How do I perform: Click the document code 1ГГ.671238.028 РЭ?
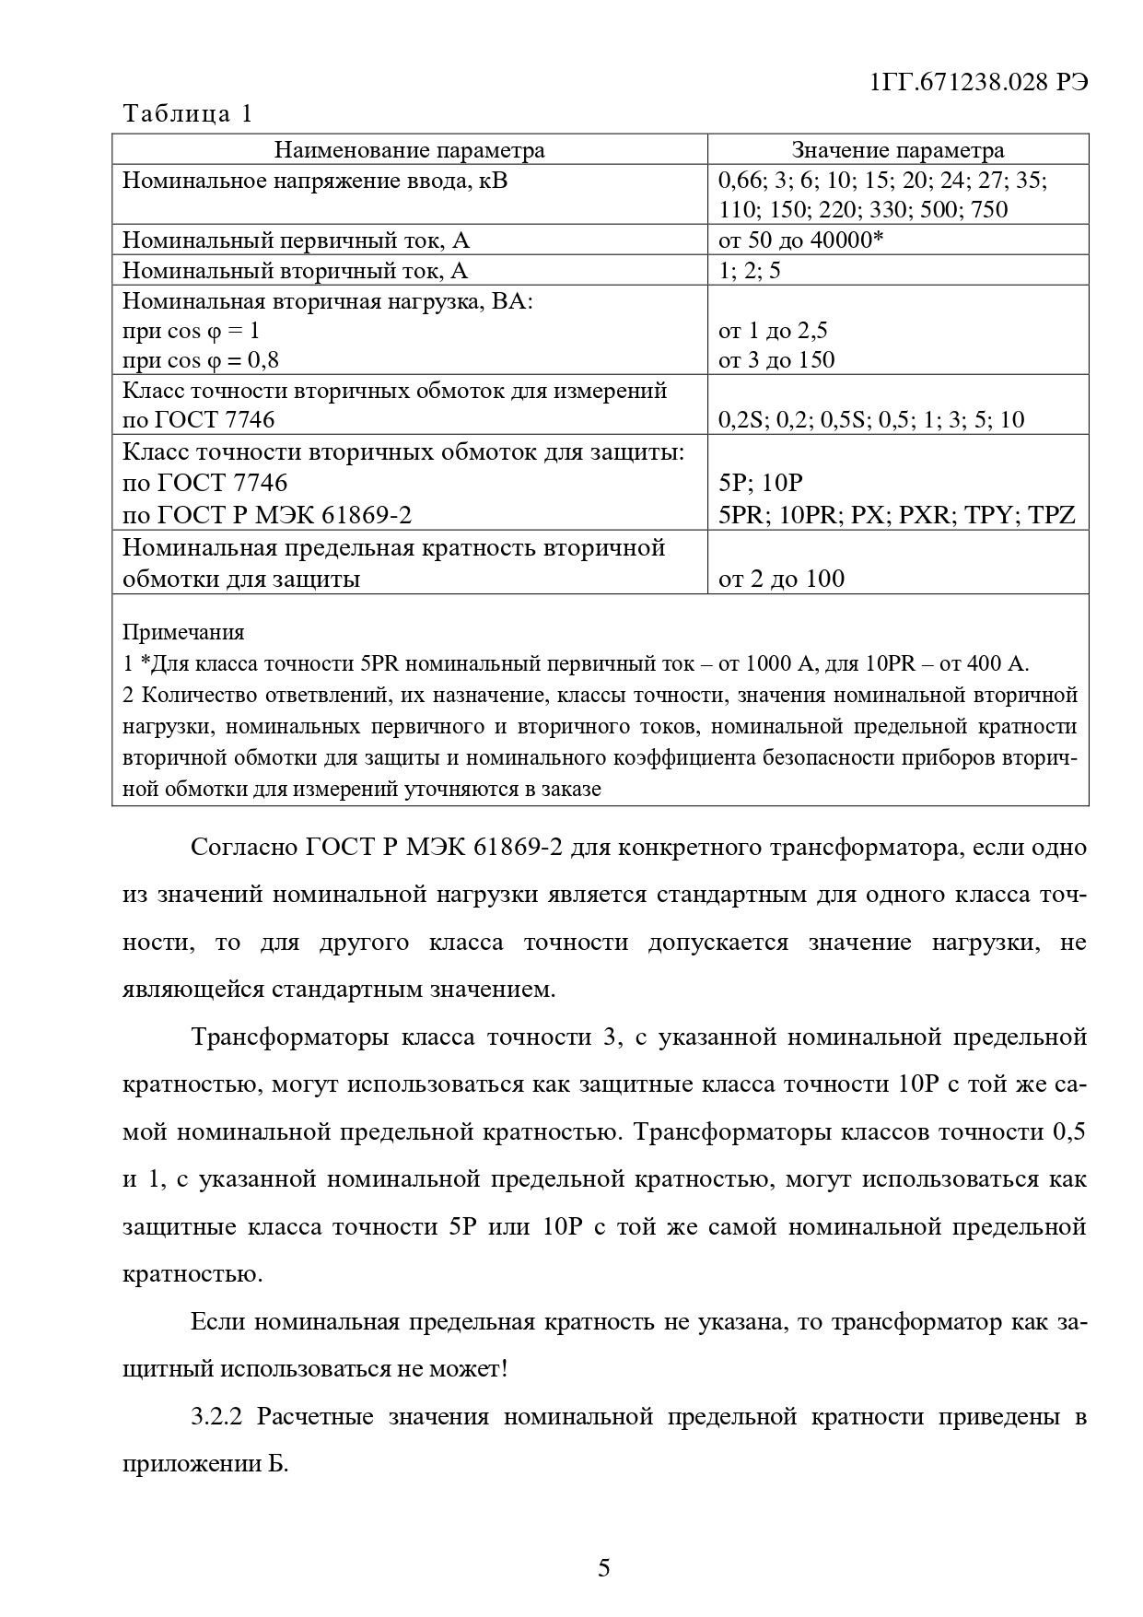979,82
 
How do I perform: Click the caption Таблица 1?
187,114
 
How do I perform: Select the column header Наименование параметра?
410,150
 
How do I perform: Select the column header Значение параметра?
898,150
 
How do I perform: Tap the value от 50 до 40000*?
800,240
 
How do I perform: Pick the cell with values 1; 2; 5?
749,271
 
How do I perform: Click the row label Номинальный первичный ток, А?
296,240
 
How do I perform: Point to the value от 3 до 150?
776,359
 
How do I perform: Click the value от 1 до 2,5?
773,330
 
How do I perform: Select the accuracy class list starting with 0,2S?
870,420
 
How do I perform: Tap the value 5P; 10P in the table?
761,483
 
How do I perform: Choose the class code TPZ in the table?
1052,514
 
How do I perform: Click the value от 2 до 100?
781,579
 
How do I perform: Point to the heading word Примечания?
183,632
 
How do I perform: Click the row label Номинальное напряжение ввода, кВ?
314,180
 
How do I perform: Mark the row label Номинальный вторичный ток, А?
295,271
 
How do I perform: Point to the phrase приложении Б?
205,1464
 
